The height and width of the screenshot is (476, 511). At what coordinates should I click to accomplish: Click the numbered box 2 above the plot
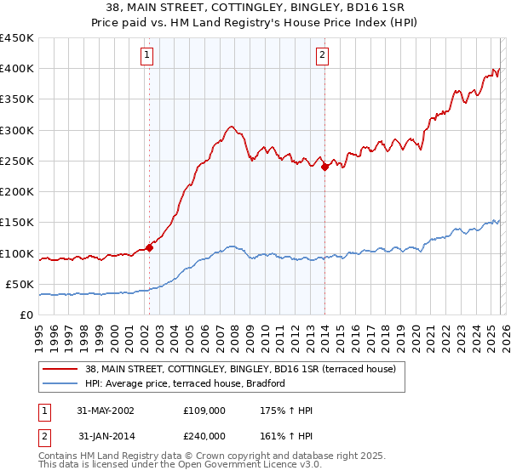[323, 56]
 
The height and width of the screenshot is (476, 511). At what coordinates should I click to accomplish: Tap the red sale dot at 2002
[149, 247]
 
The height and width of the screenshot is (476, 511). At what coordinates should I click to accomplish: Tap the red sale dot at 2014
[324, 167]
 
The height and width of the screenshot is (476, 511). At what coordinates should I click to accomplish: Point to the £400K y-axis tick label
[16, 69]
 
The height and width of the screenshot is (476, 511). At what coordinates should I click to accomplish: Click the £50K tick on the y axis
[20, 284]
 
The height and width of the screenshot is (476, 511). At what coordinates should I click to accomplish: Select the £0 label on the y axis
[26, 314]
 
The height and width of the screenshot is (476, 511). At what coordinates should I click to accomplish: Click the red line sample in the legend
[60, 369]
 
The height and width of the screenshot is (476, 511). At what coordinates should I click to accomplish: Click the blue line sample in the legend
[60, 384]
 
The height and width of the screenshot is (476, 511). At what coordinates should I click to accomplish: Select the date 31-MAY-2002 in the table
[106, 411]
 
